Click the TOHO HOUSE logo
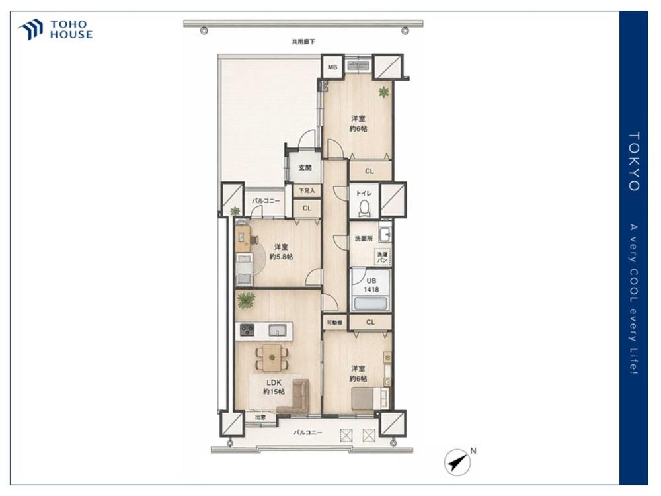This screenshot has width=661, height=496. coord(56,30)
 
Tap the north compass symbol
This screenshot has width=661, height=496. coord(457,462)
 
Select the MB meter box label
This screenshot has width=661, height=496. coord(332,67)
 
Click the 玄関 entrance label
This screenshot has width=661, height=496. coord(305,168)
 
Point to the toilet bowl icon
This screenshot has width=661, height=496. coord(365,208)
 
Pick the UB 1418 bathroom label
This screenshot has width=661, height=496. coord(371,285)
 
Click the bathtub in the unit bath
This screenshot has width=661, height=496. coord(371,304)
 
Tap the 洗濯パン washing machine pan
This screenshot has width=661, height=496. coord(382,257)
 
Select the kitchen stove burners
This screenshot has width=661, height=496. coord(247,329)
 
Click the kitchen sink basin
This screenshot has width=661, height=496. coord(277,329)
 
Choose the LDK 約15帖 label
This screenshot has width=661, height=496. coord(274,387)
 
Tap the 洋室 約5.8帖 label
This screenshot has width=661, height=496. coord(281,252)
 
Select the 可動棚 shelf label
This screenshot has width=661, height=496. coord(334,323)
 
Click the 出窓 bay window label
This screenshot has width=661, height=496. coord(260,417)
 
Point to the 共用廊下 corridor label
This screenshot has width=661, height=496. coord(303,42)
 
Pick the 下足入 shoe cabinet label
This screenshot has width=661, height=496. coord(307,190)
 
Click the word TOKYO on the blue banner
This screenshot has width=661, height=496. coord(635,161)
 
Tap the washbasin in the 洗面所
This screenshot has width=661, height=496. coord(385,235)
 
